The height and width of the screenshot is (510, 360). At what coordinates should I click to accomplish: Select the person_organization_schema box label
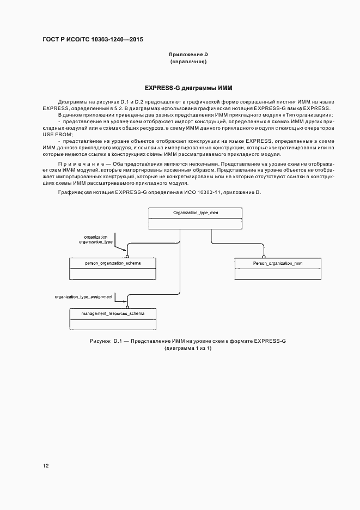coord(113,263)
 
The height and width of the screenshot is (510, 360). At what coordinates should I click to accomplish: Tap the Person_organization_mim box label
coord(278,263)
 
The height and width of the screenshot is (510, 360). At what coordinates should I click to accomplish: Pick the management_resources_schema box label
coord(113,314)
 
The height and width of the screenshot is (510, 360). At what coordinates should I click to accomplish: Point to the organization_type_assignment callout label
coord(83,297)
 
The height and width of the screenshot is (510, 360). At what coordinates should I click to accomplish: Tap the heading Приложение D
coord(188,54)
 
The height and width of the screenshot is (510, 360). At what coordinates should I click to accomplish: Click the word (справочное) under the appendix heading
coord(188,62)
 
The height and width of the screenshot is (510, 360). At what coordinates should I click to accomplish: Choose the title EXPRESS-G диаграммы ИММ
coord(188,88)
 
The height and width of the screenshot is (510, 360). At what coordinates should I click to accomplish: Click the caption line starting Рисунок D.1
coord(188,341)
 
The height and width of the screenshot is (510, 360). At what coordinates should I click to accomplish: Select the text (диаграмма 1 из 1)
coord(188,348)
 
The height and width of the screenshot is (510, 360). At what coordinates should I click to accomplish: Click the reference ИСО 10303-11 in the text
coord(215,192)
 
